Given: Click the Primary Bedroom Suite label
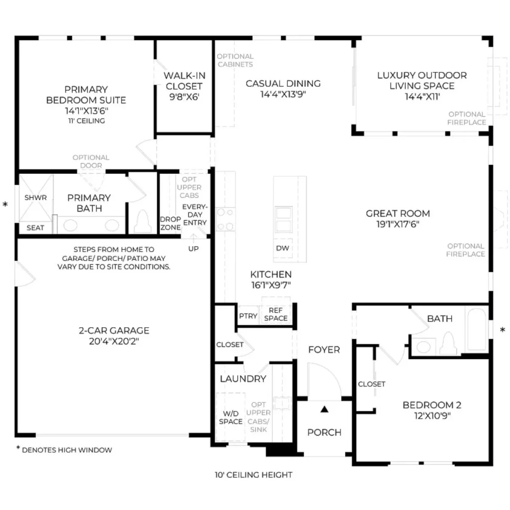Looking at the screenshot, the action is pyautogui.click(x=86, y=95).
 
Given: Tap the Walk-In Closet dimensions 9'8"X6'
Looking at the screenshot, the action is pyautogui.click(x=184, y=97).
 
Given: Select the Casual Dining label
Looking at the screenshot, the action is pyautogui.click(x=283, y=84).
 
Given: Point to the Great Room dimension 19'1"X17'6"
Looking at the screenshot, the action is pyautogui.click(x=398, y=224).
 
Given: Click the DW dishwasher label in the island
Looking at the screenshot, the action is pyautogui.click(x=282, y=248).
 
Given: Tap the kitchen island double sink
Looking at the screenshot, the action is pyautogui.click(x=283, y=219).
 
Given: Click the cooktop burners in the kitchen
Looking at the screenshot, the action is pyautogui.click(x=226, y=220).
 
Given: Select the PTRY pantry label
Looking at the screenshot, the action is pyautogui.click(x=248, y=316).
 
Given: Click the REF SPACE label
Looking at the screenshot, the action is pyautogui.click(x=276, y=314).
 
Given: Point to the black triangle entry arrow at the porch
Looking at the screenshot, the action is pyautogui.click(x=324, y=409).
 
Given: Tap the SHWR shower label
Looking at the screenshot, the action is pyautogui.click(x=35, y=197).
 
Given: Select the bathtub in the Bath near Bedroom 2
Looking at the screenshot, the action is pyautogui.click(x=477, y=330).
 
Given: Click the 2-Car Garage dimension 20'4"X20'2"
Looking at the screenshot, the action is pyautogui.click(x=114, y=341).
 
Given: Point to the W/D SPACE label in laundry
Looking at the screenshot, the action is pyautogui.click(x=231, y=418).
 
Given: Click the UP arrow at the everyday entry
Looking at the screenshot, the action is pyautogui.click(x=194, y=239).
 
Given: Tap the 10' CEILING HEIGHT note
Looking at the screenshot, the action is pyautogui.click(x=254, y=475).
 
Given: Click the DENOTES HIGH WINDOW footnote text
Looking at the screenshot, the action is pyautogui.click(x=67, y=450).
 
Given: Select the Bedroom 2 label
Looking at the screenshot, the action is pyautogui.click(x=432, y=405).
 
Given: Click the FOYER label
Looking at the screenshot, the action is pyautogui.click(x=324, y=350).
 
